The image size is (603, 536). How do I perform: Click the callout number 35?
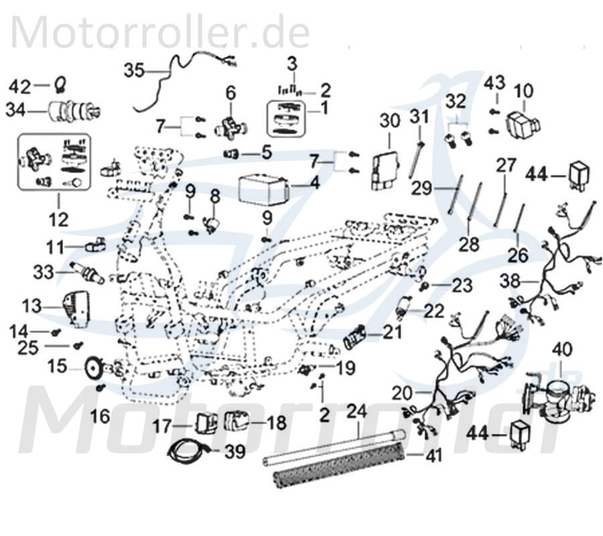click(x=135, y=69)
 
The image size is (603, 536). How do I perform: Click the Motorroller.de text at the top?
click(x=160, y=33)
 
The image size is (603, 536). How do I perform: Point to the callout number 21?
click(x=391, y=332)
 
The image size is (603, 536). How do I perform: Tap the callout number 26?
click(x=518, y=255)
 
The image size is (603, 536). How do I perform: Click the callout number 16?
click(x=100, y=417)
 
